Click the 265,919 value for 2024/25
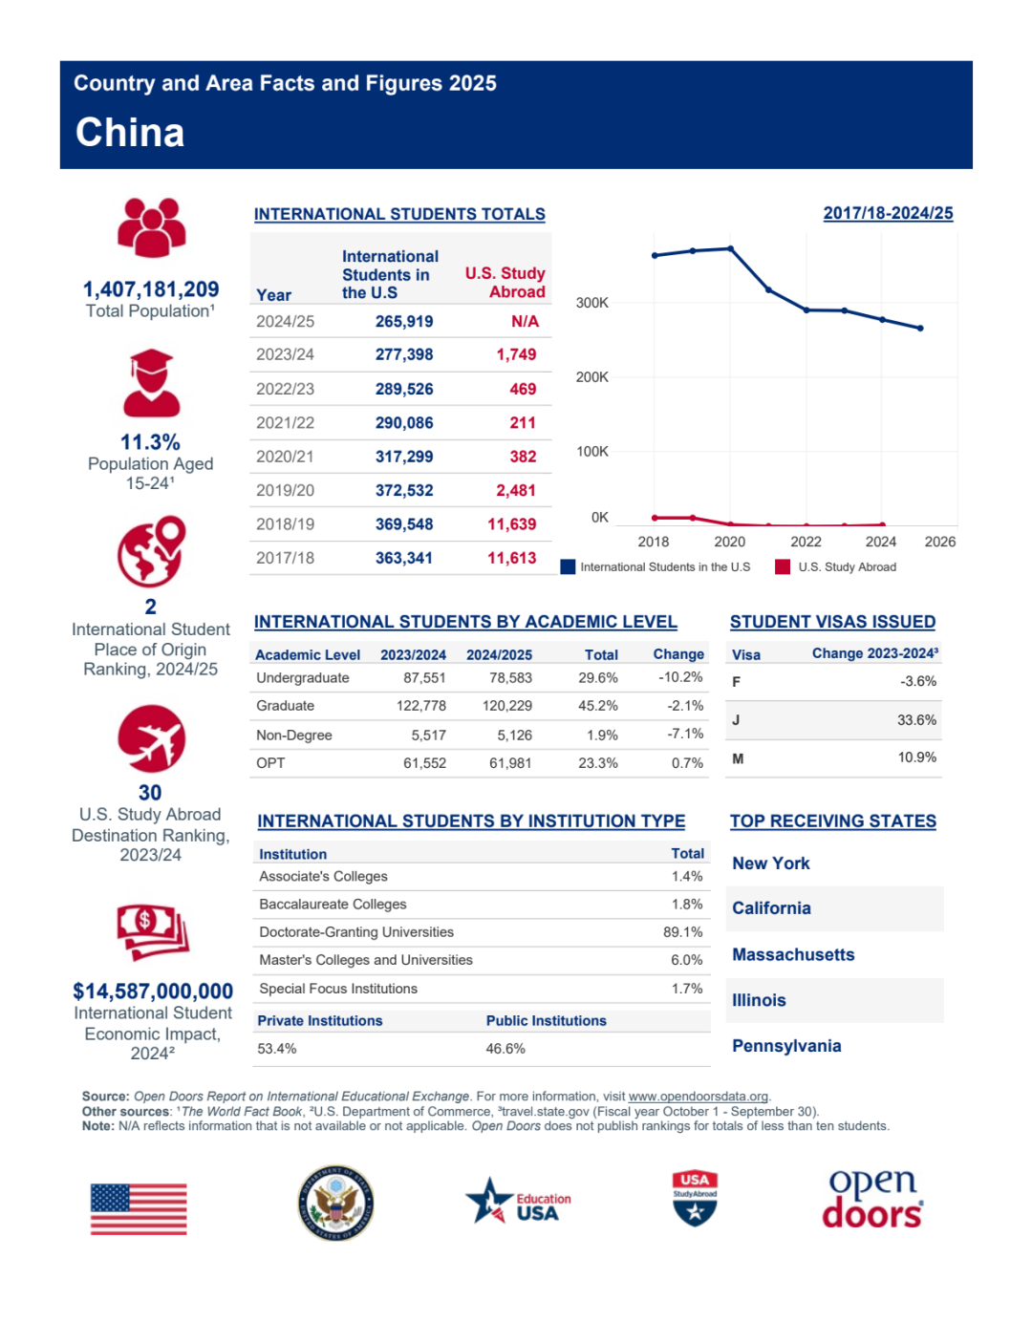tap(403, 322)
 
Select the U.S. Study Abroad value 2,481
tap(515, 491)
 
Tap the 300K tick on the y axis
tap(591, 303)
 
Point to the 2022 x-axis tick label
tap(806, 542)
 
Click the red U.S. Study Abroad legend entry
tap(837, 567)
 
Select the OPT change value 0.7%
tap(687, 763)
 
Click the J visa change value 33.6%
tap(915, 720)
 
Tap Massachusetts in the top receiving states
tap(793, 954)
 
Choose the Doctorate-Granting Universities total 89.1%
tap(682, 932)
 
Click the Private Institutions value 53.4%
tap(277, 1049)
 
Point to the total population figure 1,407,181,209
tap(151, 289)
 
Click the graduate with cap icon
tap(151, 382)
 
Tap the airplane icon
tap(151, 738)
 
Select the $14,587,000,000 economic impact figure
tap(153, 991)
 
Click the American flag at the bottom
tap(139, 1208)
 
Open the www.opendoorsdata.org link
tap(698, 1097)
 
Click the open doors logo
tap(871, 1199)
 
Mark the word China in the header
tap(130, 133)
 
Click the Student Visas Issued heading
tap(832, 622)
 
